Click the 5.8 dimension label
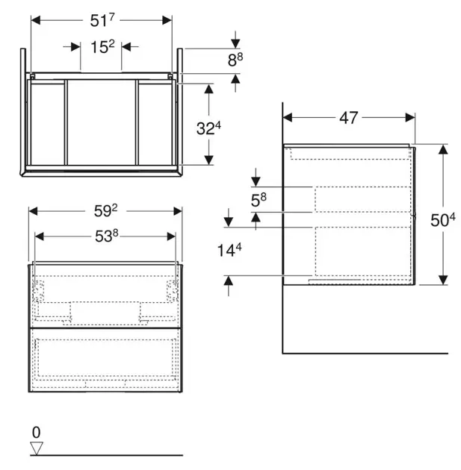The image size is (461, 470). coord(256,200)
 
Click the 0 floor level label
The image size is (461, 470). coord(35,432)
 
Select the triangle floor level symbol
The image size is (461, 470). coord(36,448)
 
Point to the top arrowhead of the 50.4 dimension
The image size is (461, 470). coord(443,148)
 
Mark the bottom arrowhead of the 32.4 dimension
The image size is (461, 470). coord(209,160)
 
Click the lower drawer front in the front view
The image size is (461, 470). coord(105,360)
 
